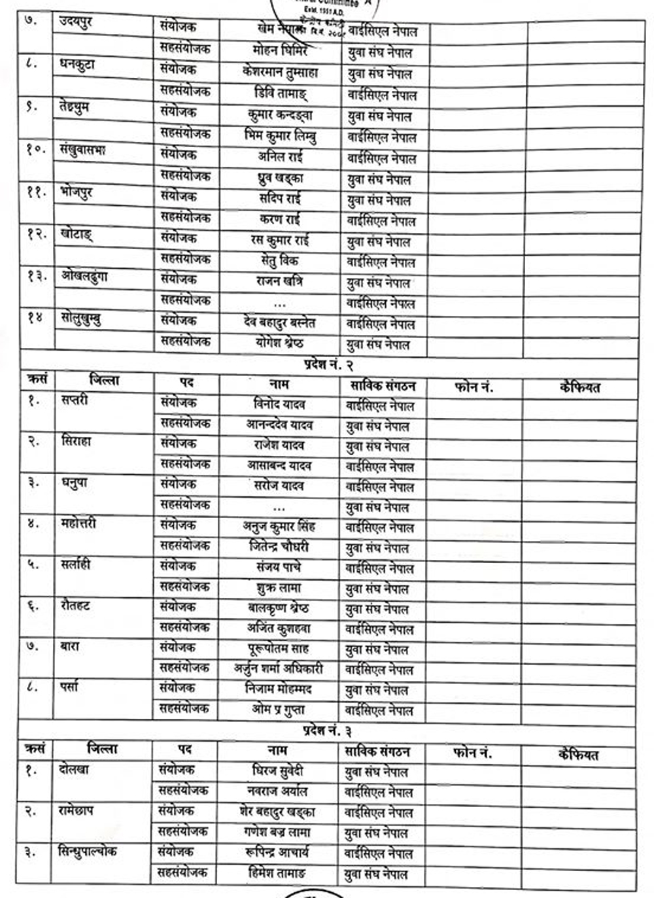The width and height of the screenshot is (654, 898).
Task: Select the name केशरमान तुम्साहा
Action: pos(280,72)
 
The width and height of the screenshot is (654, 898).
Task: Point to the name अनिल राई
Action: pos(279,157)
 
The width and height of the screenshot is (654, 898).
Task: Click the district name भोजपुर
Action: pos(77,192)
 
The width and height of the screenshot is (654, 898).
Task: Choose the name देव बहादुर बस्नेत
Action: pos(279,323)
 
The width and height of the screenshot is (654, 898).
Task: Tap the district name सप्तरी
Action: pos(75,400)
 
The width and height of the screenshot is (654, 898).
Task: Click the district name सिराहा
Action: pos(76,441)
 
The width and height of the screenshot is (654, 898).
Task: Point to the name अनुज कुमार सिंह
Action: pos(279,527)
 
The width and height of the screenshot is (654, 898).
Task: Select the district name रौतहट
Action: pos(75,605)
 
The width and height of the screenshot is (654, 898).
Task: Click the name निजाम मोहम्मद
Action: pos(279,689)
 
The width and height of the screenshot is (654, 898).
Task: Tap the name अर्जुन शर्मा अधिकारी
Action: pos(279,669)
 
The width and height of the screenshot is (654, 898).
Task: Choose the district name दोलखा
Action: pos(73,770)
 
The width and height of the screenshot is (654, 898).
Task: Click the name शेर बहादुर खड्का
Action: pos(278,812)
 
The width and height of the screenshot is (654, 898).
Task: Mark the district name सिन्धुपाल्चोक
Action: pos(88,852)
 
